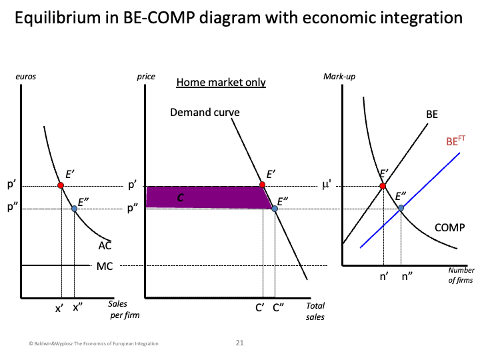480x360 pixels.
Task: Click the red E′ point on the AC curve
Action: click(x=61, y=185)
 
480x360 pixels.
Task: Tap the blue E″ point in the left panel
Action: click(x=74, y=209)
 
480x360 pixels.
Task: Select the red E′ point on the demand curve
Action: click(x=263, y=185)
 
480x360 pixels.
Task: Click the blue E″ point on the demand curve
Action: click(x=275, y=209)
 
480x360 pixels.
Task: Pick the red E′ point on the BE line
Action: click(x=383, y=185)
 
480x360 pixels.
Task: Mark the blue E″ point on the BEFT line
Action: click(x=401, y=208)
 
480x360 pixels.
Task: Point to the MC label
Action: click(x=105, y=267)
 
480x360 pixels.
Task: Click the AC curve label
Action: click(x=105, y=245)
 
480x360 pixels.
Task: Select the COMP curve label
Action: click(x=449, y=228)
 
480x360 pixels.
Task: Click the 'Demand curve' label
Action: click(x=205, y=112)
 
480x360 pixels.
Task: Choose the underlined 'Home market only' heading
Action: click(x=221, y=83)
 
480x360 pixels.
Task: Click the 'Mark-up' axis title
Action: click(x=339, y=77)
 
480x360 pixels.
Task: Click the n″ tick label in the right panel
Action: click(x=407, y=275)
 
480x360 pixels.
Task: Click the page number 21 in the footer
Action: click(x=240, y=343)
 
